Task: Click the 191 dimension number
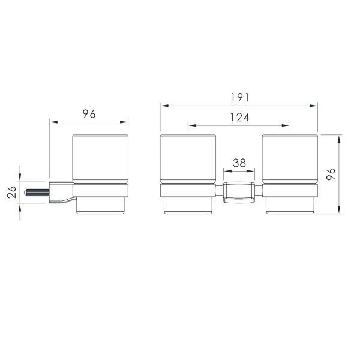click(x=239, y=98)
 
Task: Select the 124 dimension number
click(x=239, y=118)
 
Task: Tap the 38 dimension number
click(x=239, y=163)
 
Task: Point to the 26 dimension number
click(x=11, y=192)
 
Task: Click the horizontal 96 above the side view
click(x=89, y=114)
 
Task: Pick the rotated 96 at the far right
click(x=331, y=174)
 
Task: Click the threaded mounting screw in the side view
click(x=37, y=193)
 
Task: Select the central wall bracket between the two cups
click(x=239, y=193)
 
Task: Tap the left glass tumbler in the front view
click(x=188, y=159)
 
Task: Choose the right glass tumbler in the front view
click(x=290, y=159)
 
